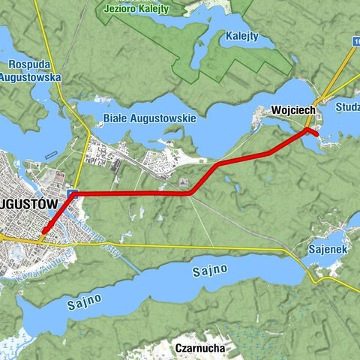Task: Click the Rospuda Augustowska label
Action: (29, 70)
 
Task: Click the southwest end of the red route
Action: (43, 231)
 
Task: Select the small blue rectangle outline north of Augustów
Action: (50, 156)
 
